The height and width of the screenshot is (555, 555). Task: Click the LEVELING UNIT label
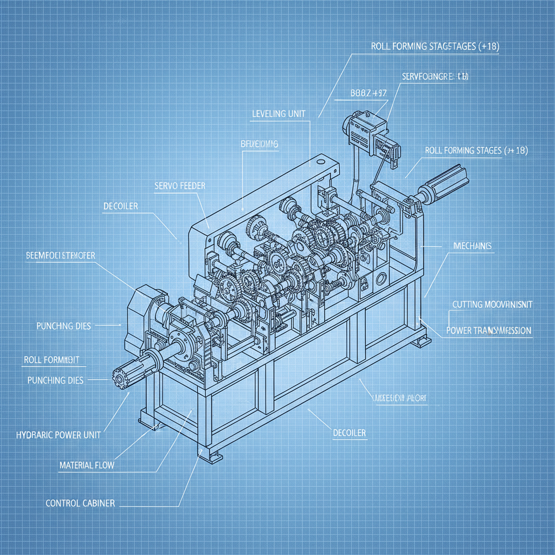[x=279, y=114]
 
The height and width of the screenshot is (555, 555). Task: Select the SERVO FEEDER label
[x=179, y=185]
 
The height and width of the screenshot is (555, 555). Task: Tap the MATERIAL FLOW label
[x=87, y=465]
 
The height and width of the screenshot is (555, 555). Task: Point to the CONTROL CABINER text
[x=80, y=503]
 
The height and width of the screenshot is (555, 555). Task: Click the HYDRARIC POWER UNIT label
[x=59, y=435]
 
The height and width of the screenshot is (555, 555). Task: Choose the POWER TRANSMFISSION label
[x=488, y=330]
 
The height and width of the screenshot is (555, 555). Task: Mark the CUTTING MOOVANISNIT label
[x=492, y=305]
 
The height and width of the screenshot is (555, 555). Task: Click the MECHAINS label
[x=472, y=246]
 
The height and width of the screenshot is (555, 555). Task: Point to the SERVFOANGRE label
[x=435, y=77]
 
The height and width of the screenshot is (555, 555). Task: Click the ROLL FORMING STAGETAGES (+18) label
[x=435, y=47]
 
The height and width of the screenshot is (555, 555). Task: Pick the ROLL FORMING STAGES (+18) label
[x=476, y=150]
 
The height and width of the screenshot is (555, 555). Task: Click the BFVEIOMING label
[x=259, y=144]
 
